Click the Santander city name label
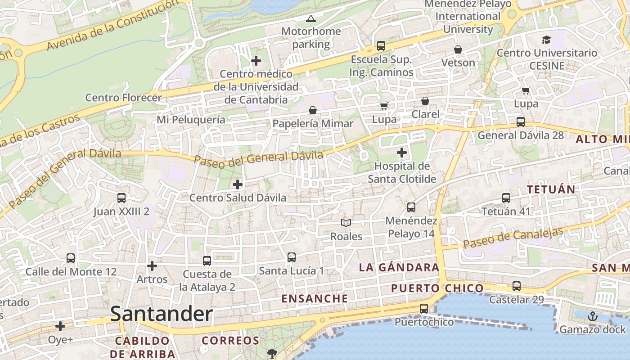(x=161, y=314)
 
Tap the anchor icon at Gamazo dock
(x=593, y=316)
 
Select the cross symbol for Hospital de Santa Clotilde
(x=401, y=153)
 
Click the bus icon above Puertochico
(x=424, y=309)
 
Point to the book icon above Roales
(x=346, y=223)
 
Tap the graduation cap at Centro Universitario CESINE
(x=546, y=40)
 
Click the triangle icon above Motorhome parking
(x=310, y=19)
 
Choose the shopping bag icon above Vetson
(x=458, y=49)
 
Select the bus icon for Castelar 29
(x=517, y=286)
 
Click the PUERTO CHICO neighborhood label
(x=437, y=288)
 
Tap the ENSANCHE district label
(x=315, y=298)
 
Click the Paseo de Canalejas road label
(x=513, y=238)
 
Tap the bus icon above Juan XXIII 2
(x=121, y=198)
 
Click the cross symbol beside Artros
(x=152, y=266)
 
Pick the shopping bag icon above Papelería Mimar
(x=313, y=110)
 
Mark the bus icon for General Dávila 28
(x=521, y=122)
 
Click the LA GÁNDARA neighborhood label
(x=399, y=267)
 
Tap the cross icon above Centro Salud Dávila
(x=237, y=184)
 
